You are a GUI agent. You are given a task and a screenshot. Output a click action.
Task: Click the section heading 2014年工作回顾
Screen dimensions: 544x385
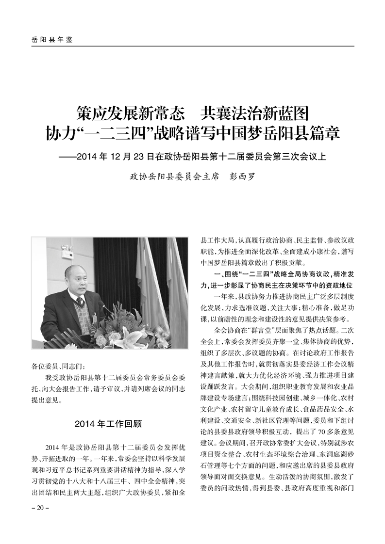[108, 423]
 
